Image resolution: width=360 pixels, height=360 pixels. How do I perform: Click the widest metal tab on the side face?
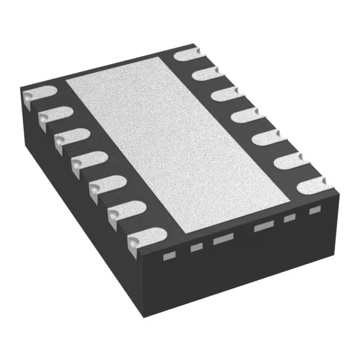point(263,227)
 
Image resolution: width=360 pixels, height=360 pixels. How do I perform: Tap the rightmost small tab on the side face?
point(315,210)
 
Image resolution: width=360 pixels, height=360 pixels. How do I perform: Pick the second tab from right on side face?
point(290,218)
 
